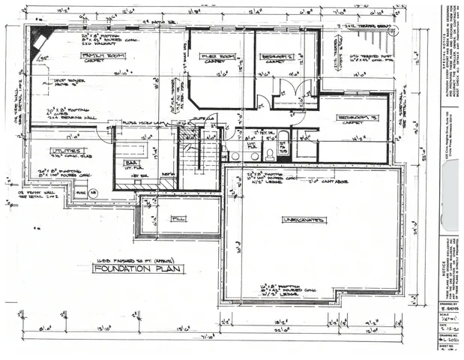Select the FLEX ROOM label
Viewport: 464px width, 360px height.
click(217, 56)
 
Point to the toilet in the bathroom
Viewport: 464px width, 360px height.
click(270, 154)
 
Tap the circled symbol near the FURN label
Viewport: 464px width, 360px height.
click(94, 193)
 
